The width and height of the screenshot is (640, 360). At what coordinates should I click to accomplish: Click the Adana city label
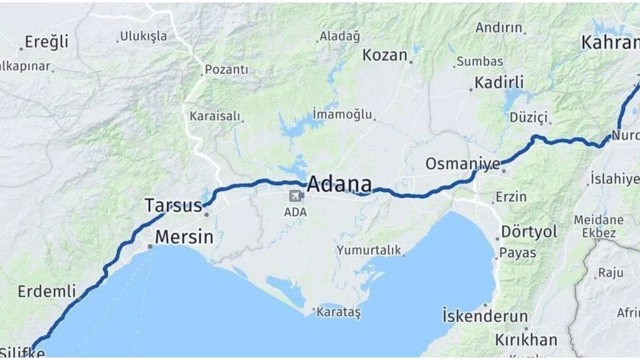[x=339, y=184]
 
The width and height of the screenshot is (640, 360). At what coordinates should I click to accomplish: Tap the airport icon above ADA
[x=296, y=195]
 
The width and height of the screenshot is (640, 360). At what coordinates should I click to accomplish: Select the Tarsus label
[x=173, y=205]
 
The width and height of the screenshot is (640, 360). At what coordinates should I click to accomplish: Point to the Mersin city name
[x=184, y=236]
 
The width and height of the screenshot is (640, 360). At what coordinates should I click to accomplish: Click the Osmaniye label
[x=462, y=163]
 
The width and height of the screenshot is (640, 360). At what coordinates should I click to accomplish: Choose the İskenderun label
[x=485, y=316]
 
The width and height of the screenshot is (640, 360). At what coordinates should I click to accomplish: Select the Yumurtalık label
[x=369, y=250]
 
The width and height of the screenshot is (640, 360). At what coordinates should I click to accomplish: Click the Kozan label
[x=384, y=54]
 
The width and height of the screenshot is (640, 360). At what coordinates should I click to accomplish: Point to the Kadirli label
[x=499, y=82]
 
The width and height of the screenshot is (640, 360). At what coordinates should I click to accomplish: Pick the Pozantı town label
[x=226, y=69]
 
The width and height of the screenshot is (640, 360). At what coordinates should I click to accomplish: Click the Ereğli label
[x=46, y=41]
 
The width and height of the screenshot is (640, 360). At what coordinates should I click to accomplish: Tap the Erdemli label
[x=47, y=291]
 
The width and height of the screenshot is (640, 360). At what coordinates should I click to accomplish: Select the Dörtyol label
[x=529, y=231]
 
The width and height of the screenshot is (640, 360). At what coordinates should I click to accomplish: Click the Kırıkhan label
[x=526, y=340]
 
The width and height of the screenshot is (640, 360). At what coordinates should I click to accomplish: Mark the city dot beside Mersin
[x=150, y=246]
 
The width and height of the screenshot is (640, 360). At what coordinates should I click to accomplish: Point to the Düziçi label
[x=529, y=117]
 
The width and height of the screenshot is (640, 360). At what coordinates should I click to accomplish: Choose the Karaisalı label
[x=215, y=116]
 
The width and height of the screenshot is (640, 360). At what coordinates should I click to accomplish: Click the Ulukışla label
[x=144, y=36]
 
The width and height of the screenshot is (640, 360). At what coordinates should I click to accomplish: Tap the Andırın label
[x=498, y=27]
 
